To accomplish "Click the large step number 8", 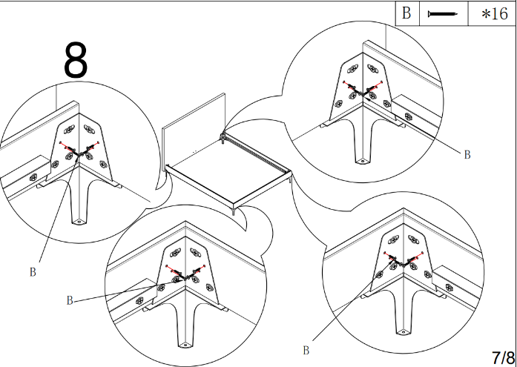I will click(x=76, y=61).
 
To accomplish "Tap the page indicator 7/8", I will click(x=502, y=356).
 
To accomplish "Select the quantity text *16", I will click(x=494, y=14).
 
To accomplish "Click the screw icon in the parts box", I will click(x=444, y=14).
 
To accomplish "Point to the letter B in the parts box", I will click(x=406, y=14).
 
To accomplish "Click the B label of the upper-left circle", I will click(x=33, y=271).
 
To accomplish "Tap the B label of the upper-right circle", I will click(x=467, y=154).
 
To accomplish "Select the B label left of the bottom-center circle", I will click(x=70, y=300).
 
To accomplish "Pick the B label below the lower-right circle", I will click(x=306, y=349).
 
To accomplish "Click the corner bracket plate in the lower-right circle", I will click(x=404, y=256).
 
